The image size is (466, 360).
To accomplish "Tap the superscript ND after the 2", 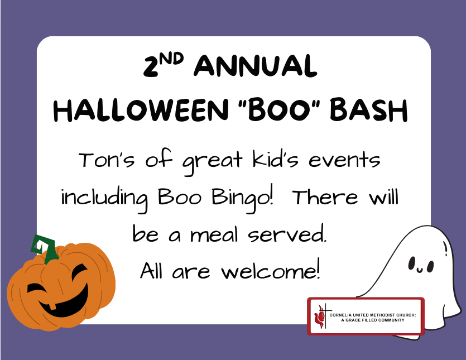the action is (x=171, y=59).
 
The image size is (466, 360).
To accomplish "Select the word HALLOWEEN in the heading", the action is (x=141, y=110).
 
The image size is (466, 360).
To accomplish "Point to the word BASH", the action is (x=368, y=110).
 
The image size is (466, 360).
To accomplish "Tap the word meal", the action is (x=214, y=234).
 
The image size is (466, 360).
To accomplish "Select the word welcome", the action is (x=271, y=270).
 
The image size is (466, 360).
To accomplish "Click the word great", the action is (x=213, y=161).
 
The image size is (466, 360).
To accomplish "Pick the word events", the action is (x=344, y=161).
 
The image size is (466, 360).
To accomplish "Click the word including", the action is (x=104, y=199).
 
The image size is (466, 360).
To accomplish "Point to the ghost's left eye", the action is (x=412, y=263).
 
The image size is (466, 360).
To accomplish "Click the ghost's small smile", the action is (x=420, y=270).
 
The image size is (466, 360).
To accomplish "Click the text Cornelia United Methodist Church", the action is (x=372, y=315).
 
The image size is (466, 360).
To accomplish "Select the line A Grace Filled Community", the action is (x=373, y=320).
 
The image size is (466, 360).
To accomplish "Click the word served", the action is (x=287, y=234).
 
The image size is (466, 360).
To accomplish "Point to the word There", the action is (x=325, y=197).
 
